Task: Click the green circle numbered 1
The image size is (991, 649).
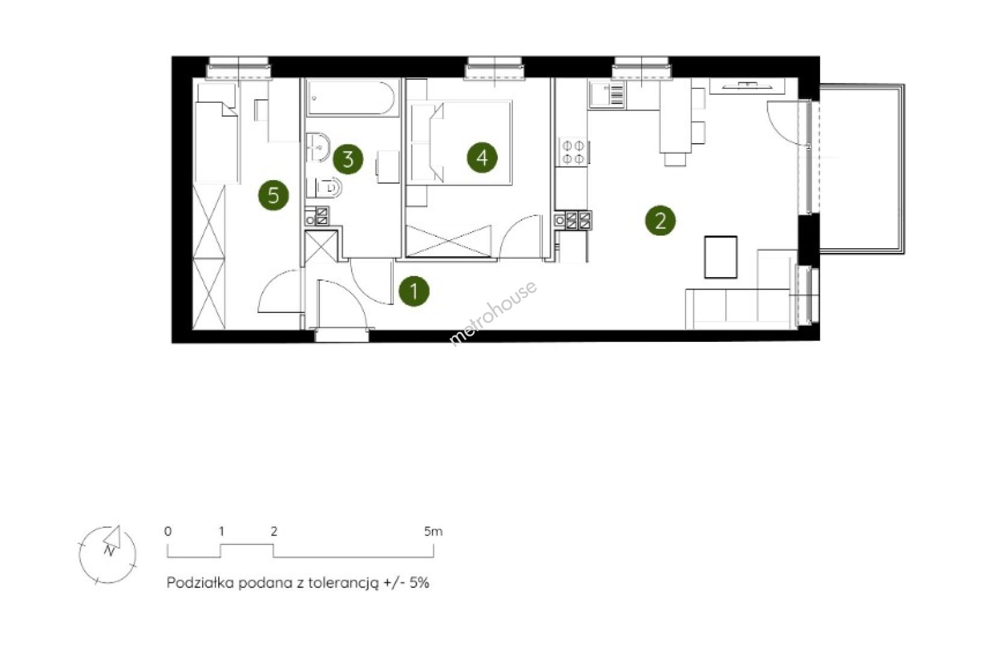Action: [x=414, y=291]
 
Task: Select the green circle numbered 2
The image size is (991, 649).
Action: [x=660, y=220]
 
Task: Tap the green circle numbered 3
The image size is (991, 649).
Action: [x=348, y=159]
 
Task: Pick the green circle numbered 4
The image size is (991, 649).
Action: [x=482, y=157]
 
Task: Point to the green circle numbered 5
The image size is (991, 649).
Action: [x=274, y=195]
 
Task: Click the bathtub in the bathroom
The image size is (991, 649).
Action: [x=351, y=97]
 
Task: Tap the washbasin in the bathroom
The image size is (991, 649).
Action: [x=318, y=147]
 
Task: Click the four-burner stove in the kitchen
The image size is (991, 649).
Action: [x=573, y=152]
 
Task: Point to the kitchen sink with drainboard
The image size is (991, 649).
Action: [x=607, y=95]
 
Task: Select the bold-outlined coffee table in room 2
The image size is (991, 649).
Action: [x=720, y=257]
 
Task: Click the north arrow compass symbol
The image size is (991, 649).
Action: [x=108, y=555]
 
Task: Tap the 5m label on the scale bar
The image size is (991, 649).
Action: [x=433, y=531]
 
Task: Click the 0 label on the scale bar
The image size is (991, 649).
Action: [x=168, y=531]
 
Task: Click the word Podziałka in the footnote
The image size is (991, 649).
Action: [x=200, y=583]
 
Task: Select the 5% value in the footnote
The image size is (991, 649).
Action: [x=419, y=583]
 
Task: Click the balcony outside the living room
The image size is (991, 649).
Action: [x=861, y=169]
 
